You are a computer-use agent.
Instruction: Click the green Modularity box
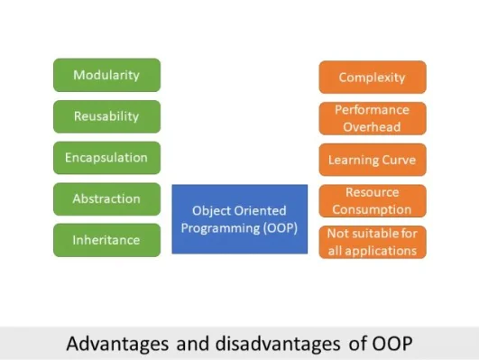[x=106, y=75]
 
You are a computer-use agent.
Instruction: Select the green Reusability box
[x=106, y=116]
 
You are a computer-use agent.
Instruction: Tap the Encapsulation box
[x=106, y=158]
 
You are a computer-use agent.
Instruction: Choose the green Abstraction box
[x=106, y=199]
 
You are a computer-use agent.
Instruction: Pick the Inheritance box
[x=106, y=240]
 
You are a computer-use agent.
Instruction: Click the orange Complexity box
[x=372, y=77]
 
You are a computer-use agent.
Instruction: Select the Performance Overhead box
[x=372, y=118]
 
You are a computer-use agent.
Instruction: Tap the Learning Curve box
[x=372, y=160]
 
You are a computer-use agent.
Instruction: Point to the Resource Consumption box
[x=372, y=201]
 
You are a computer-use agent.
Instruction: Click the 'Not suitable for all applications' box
[x=372, y=243]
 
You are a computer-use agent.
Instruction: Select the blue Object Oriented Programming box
[x=239, y=219]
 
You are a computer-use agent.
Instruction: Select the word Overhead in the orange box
[x=372, y=127]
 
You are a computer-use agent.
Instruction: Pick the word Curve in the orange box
[x=398, y=160]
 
